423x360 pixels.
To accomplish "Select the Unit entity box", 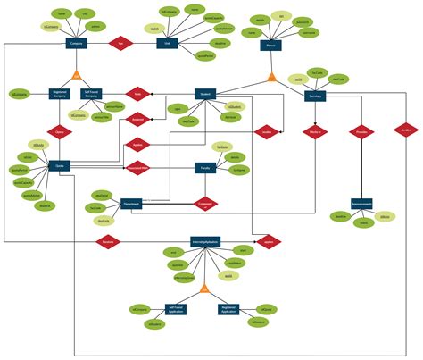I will click(x=166, y=42).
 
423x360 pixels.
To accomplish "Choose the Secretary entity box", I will click(x=316, y=98).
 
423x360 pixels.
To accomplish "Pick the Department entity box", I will click(x=130, y=204).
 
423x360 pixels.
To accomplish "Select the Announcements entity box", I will click(x=361, y=202).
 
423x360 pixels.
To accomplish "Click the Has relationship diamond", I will click(x=120, y=42).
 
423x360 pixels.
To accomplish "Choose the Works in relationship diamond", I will click(x=314, y=132).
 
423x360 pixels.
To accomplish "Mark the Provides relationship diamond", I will click(x=361, y=132).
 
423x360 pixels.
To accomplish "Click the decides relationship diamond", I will click(x=405, y=132).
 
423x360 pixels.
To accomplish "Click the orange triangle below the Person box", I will click(x=270, y=77).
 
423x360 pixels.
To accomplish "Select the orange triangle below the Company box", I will click(x=78, y=76).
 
